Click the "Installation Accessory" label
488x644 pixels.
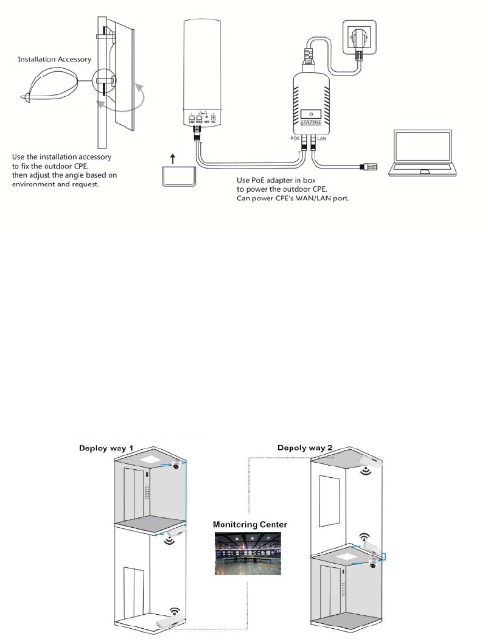coord(55,60)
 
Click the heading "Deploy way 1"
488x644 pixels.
coord(114,449)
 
